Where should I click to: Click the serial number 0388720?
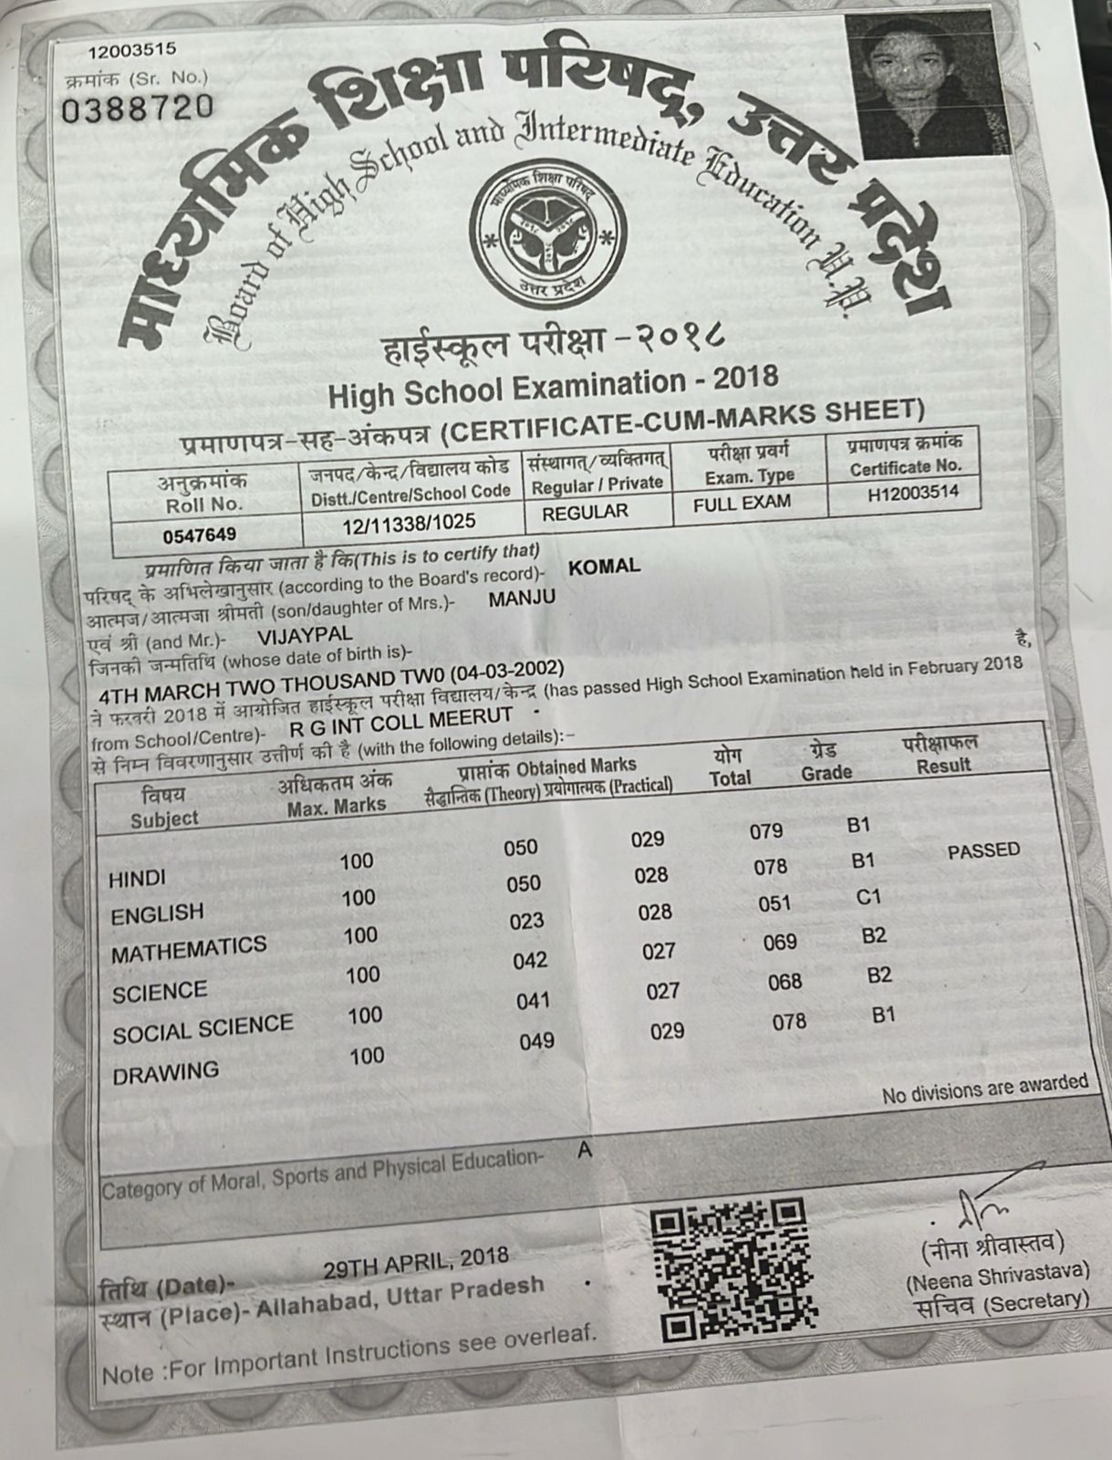pyautogui.click(x=137, y=108)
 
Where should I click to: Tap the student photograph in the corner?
pyautogui.click(x=927, y=86)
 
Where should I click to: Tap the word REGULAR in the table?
pyautogui.click(x=585, y=512)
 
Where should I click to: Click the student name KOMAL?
pyautogui.click(x=604, y=566)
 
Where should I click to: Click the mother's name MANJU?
pyautogui.click(x=522, y=599)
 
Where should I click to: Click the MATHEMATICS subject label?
pyautogui.click(x=189, y=949)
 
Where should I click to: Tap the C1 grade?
pyautogui.click(x=868, y=898)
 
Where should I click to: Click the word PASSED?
pyautogui.click(x=983, y=851)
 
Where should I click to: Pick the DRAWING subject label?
pyautogui.click(x=165, y=1073)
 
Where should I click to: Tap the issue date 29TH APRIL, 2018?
pyautogui.click(x=415, y=1263)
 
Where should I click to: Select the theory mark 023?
pyautogui.click(x=526, y=922)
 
